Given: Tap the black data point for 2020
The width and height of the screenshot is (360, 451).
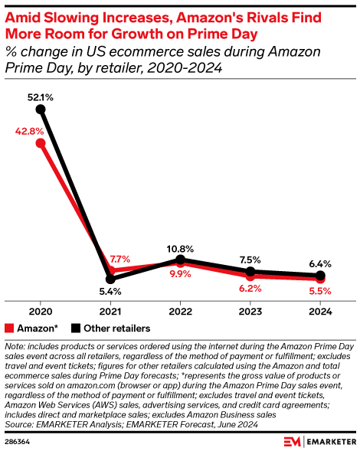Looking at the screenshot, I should click(41, 110).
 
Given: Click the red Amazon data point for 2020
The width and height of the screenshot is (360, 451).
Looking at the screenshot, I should click(41, 142).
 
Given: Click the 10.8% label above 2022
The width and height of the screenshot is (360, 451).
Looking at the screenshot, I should click(181, 249).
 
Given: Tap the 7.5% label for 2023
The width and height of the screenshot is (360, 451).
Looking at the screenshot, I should click(250, 259).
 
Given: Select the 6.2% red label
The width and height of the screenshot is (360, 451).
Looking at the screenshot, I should click(250, 288).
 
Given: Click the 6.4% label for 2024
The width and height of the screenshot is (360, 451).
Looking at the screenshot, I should click(320, 263).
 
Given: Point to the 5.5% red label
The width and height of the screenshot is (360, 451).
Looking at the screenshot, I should click(320, 291).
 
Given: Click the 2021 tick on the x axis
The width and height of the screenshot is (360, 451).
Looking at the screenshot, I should click(111, 311).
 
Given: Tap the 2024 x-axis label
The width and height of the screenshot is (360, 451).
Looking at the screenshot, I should click(320, 311).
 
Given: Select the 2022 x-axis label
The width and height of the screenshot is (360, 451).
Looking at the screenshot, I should click(181, 311).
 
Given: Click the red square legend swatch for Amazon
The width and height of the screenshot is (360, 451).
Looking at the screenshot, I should click(9, 328).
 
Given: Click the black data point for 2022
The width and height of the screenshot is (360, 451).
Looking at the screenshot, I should click(181, 260).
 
